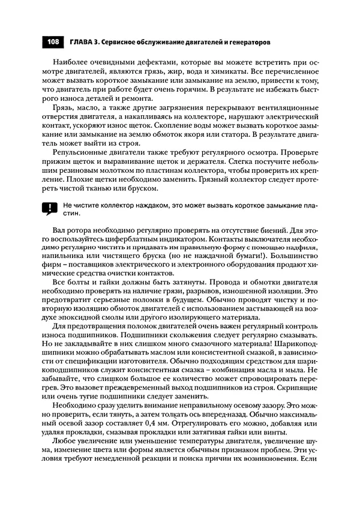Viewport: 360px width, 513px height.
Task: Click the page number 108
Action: coord(53,43)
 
